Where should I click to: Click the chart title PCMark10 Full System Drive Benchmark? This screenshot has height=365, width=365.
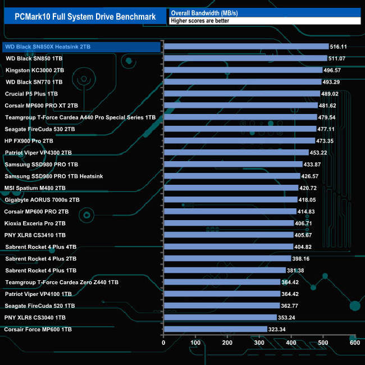click(x=85, y=16)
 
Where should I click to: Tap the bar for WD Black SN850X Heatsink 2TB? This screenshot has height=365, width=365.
click(x=246, y=47)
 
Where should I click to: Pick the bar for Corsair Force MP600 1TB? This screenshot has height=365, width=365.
click(x=215, y=329)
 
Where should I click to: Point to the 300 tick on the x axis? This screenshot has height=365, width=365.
click(x=259, y=343)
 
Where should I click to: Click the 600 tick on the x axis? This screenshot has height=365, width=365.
click(x=354, y=343)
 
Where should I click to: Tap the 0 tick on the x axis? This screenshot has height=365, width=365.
click(x=163, y=343)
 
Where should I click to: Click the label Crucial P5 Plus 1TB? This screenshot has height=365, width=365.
click(x=31, y=94)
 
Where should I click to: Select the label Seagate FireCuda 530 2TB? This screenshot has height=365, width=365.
click(x=39, y=129)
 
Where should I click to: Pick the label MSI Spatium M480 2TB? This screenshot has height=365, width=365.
click(x=35, y=188)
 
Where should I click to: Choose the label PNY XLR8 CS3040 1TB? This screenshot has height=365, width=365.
click(x=34, y=317)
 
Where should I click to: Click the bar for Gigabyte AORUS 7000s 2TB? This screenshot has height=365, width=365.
click(x=230, y=199)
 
